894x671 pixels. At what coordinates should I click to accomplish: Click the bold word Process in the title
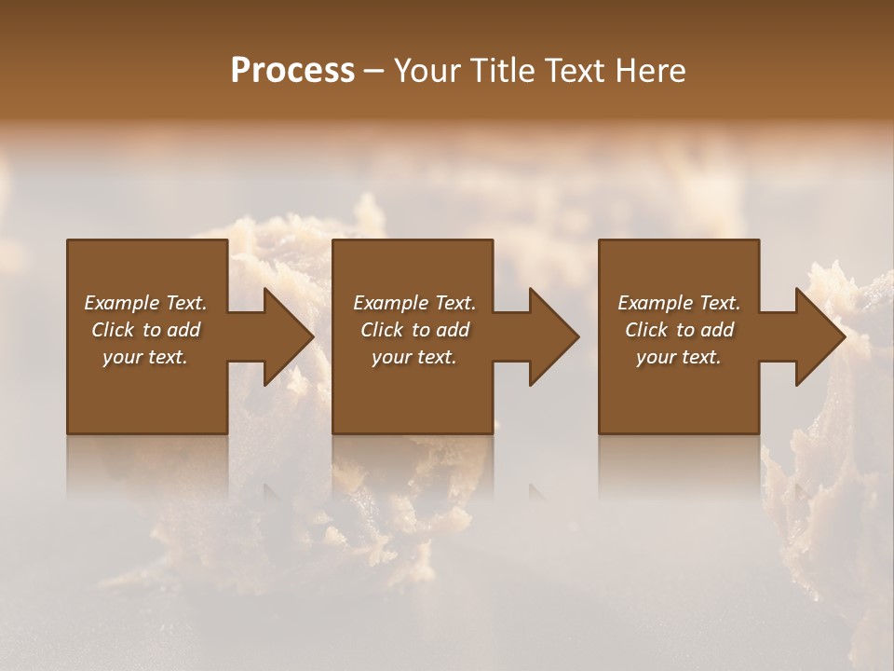(x=292, y=71)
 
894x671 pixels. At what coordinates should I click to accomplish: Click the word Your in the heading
(x=425, y=71)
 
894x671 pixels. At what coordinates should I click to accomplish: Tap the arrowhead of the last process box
(x=819, y=336)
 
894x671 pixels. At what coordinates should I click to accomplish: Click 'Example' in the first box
(x=122, y=303)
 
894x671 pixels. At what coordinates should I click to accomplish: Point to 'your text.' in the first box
(x=145, y=357)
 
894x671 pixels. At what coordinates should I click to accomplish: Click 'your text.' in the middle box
(x=414, y=357)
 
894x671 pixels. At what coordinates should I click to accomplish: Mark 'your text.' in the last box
(x=679, y=357)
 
